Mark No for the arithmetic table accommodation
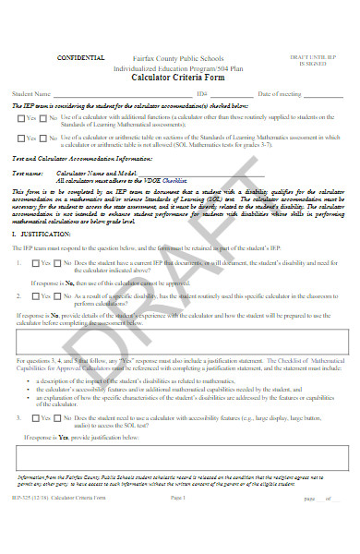[42, 138]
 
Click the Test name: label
[28, 173]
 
